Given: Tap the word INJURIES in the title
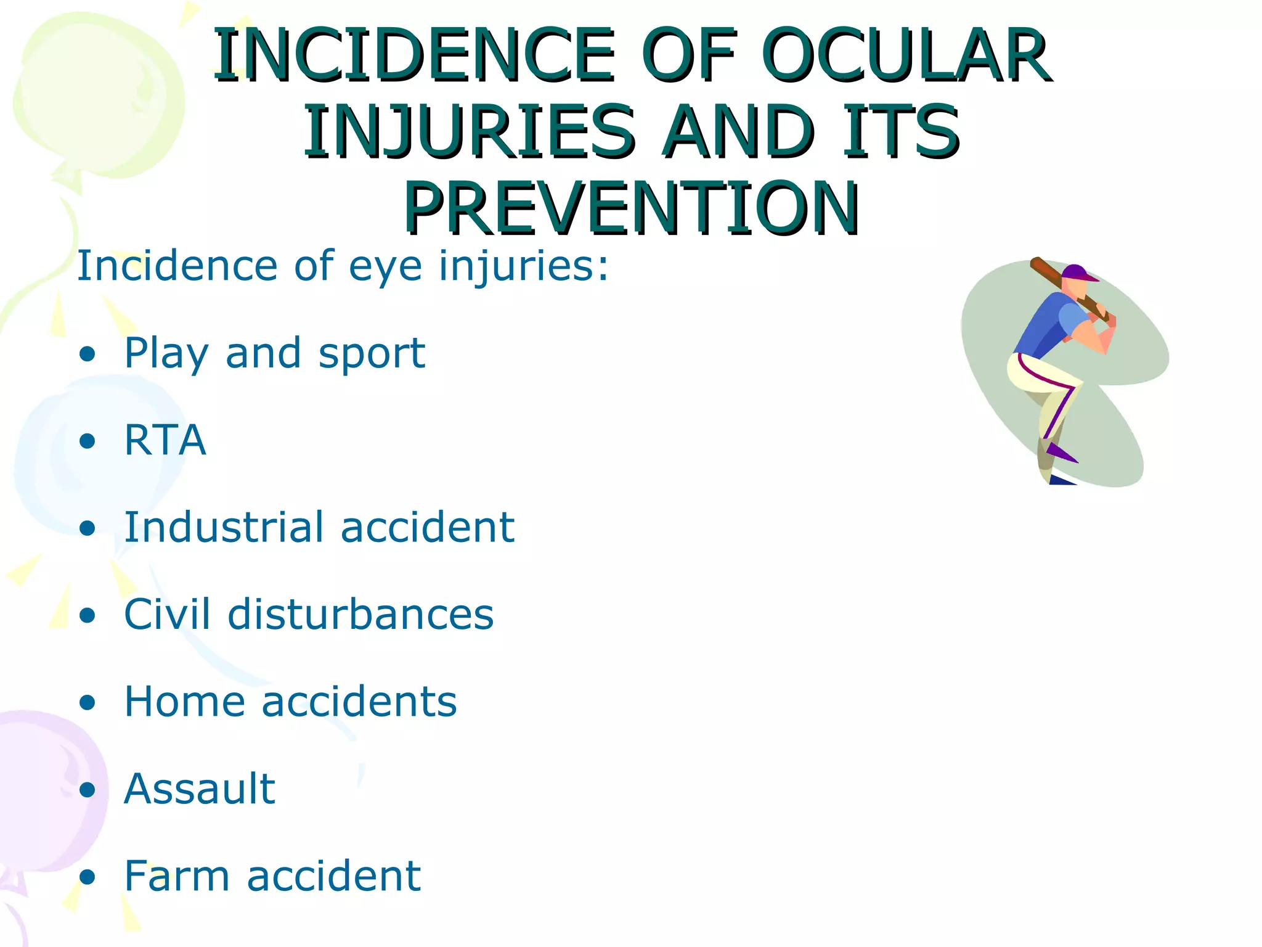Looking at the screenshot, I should point(468,131).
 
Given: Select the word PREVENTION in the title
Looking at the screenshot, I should point(631,207).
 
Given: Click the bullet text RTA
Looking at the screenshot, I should point(165,440).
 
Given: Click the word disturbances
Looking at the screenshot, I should point(360,615).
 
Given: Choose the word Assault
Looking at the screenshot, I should point(199,789).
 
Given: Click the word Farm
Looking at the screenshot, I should point(176,875).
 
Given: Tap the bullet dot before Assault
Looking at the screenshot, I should point(88,790).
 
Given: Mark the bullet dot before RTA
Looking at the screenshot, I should point(88,441).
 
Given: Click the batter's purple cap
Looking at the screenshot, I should point(1075,272).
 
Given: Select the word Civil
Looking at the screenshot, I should point(166,615).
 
